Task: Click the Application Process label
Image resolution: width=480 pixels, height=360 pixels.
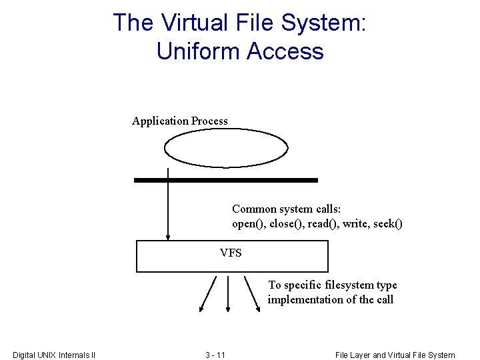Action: coord(180,121)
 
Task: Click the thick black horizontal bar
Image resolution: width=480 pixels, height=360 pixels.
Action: coord(226,180)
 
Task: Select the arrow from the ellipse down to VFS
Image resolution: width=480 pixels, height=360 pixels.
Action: coord(168,210)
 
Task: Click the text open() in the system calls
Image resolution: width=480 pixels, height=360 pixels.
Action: coord(247,224)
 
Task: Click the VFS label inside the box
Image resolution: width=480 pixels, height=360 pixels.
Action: coord(231,253)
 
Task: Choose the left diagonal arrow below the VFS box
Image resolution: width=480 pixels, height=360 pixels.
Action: coord(208,293)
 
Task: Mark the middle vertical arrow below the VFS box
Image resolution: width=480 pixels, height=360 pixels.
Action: coord(229,293)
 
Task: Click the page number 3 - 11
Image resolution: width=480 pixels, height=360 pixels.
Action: coord(215,355)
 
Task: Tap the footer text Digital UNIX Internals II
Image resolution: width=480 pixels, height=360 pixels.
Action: coord(54,355)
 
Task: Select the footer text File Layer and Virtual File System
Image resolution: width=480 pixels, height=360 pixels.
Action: coord(395,355)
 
